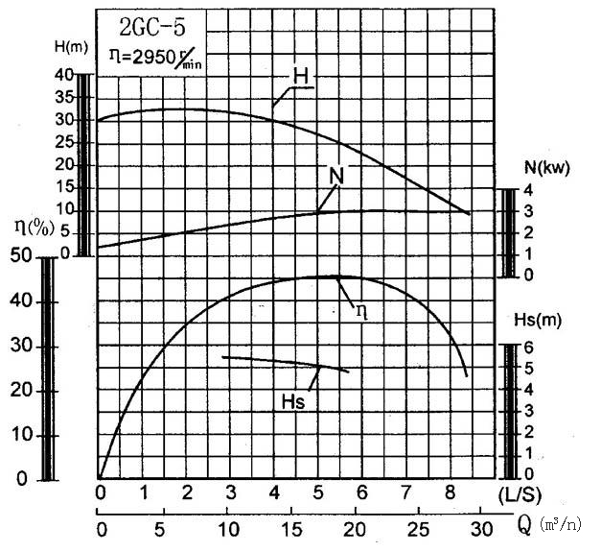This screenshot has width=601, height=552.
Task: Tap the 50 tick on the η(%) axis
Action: tap(20, 257)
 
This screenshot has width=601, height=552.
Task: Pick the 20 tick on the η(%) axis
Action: tap(20, 391)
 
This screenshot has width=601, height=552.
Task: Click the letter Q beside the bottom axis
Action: tap(524, 526)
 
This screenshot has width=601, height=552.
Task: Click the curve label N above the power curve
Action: tap(336, 177)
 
